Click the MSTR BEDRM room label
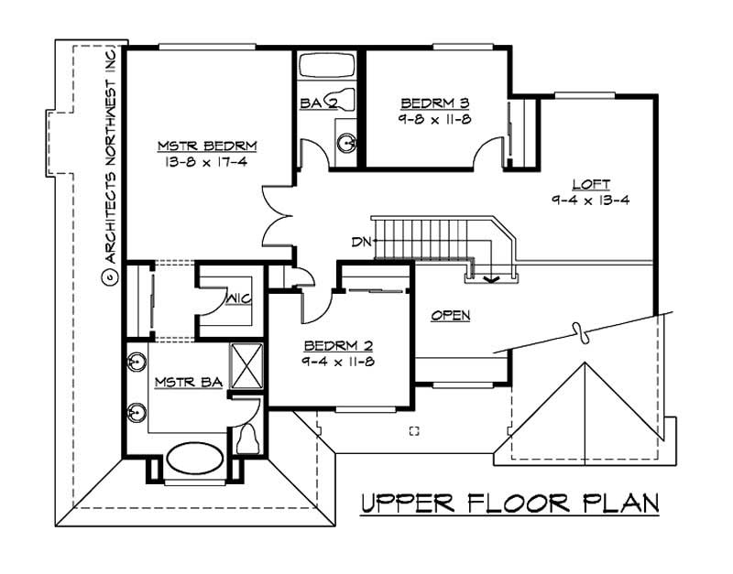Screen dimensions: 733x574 pos(207,146)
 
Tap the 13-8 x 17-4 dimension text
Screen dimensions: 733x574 pos(205,162)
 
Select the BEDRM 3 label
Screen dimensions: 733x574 pos(434,103)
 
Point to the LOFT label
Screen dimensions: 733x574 pos(591,184)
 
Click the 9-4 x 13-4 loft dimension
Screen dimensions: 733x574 pos(590,200)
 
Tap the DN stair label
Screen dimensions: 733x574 pos(361,242)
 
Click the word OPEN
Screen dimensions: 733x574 pos(451,316)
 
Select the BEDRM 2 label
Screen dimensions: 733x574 pos(339,346)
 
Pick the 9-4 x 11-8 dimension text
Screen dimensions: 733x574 pos(338,362)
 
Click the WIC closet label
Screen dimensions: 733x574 pos(239,299)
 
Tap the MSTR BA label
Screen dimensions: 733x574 pos(189,383)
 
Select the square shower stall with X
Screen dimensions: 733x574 pos(246,366)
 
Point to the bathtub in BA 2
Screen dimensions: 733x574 pos(327,66)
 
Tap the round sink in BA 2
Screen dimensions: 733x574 pos(346,142)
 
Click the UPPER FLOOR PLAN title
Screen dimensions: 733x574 pos(510,503)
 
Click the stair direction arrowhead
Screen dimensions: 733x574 pos(491,279)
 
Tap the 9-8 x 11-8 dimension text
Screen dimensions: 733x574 pos(434,120)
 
